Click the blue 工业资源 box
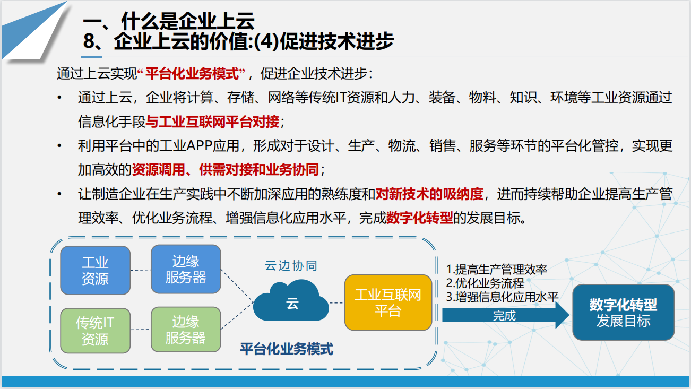coord(96,270)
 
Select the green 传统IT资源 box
coord(96,331)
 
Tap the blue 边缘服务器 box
coord(186,269)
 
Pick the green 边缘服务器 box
coord(186,330)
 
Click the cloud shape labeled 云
coord(291,301)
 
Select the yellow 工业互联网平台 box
coord(388,302)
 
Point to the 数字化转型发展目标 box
coord(624,313)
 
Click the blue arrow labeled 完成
coord(505,315)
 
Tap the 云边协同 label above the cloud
coord(291,265)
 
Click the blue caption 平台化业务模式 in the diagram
coord(287,349)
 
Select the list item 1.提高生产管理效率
coord(496,269)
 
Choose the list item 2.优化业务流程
coord(485,283)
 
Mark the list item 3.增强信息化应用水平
coord(502,297)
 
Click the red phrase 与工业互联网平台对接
coord(212,122)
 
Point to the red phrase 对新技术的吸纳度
coord(429,194)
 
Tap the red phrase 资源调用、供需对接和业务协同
coord(226,170)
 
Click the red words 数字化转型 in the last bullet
coord(419,218)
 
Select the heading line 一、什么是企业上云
coord(169,21)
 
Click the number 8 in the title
coord(89,41)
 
